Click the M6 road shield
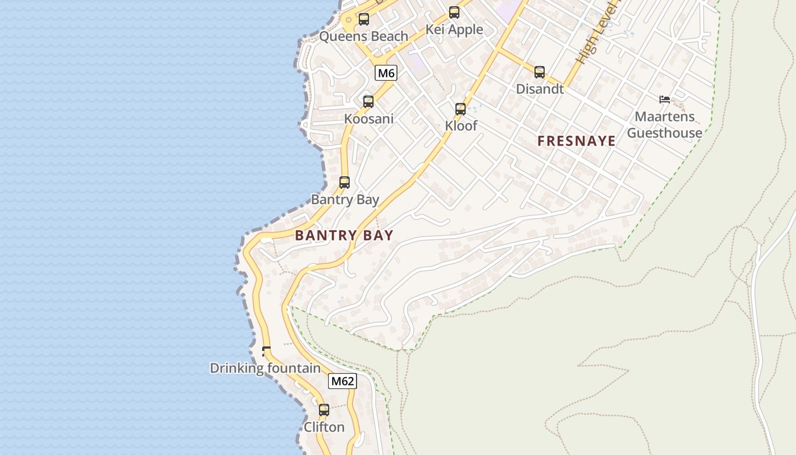(x=386, y=73)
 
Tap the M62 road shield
(x=342, y=381)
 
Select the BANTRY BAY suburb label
(x=344, y=235)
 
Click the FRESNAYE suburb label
(x=577, y=141)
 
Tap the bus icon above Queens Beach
(x=364, y=19)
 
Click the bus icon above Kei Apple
(x=454, y=13)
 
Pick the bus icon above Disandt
(x=540, y=72)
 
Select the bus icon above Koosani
(x=368, y=102)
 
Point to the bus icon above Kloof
(x=461, y=109)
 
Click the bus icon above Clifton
(x=324, y=409)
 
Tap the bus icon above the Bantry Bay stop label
(x=345, y=183)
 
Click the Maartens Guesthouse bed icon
(x=664, y=100)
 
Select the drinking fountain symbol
(x=266, y=351)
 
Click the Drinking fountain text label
(x=266, y=368)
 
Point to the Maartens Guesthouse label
(x=665, y=125)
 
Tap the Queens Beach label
(x=364, y=36)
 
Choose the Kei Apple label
(x=454, y=30)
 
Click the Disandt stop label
(x=540, y=89)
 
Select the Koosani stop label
(x=368, y=119)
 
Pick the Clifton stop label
(x=324, y=427)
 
